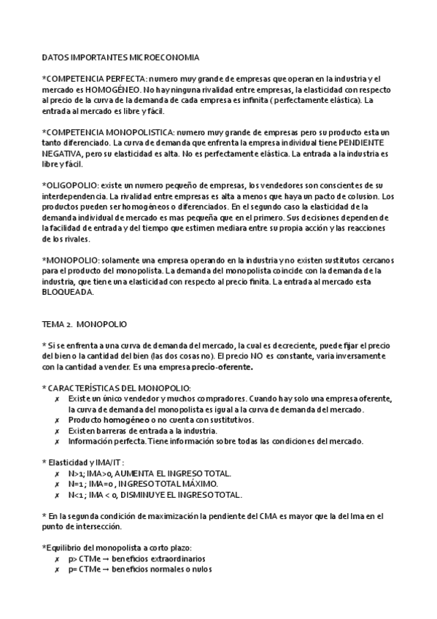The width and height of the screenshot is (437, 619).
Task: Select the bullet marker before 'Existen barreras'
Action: click(x=58, y=431)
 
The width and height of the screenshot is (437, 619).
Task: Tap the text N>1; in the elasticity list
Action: click(x=78, y=473)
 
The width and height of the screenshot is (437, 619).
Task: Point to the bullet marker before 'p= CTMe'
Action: click(x=58, y=569)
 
